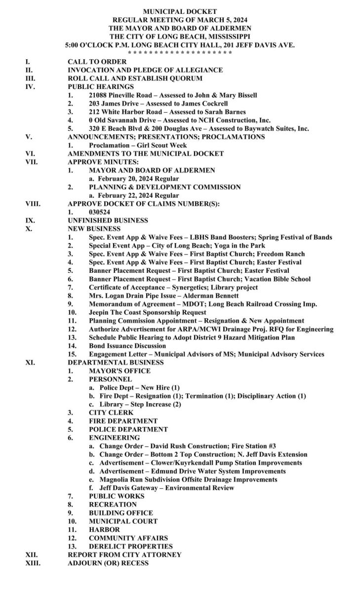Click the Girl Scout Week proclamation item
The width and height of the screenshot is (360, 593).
[x=138, y=145]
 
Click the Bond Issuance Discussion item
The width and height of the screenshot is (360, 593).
[x=127, y=346]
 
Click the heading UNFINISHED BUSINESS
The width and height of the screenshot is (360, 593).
[x=108, y=220]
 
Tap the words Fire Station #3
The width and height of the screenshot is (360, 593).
[x=255, y=446]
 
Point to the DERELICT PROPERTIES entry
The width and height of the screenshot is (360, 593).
[x=131, y=546]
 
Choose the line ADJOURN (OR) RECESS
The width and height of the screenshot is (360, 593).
[x=108, y=563]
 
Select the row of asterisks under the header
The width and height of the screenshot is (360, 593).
[x=179, y=52]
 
